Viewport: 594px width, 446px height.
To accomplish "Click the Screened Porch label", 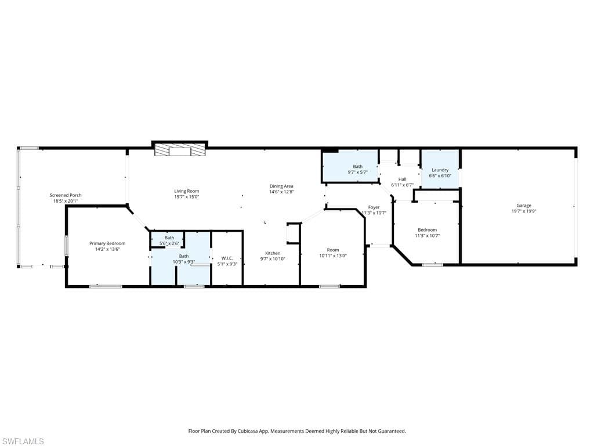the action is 66,195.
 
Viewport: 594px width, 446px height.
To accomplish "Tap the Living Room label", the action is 186,191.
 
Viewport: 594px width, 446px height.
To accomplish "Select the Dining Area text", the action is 281,186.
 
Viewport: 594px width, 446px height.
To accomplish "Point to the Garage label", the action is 524,206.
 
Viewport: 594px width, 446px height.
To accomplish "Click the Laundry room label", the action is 440,170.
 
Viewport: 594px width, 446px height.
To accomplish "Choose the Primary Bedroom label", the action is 107,243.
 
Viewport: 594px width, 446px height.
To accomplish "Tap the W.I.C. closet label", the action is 227,258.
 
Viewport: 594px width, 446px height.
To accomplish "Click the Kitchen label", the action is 273,253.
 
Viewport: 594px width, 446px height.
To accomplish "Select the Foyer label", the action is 374,207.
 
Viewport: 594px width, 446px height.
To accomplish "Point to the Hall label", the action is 403,179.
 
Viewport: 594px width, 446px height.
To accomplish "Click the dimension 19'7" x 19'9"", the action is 524,211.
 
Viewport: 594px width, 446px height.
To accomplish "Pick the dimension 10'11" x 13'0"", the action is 332,256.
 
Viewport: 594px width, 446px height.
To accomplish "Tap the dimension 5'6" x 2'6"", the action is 169,243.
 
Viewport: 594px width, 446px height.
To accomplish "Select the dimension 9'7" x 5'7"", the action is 357,172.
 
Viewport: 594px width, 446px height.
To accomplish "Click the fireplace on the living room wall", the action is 180,150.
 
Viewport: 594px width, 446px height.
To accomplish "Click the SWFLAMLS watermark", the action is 22,441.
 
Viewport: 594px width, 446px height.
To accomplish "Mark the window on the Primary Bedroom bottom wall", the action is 106,286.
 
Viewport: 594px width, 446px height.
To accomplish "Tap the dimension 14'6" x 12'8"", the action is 281,192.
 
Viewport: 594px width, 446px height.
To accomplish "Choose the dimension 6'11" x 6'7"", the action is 403,185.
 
